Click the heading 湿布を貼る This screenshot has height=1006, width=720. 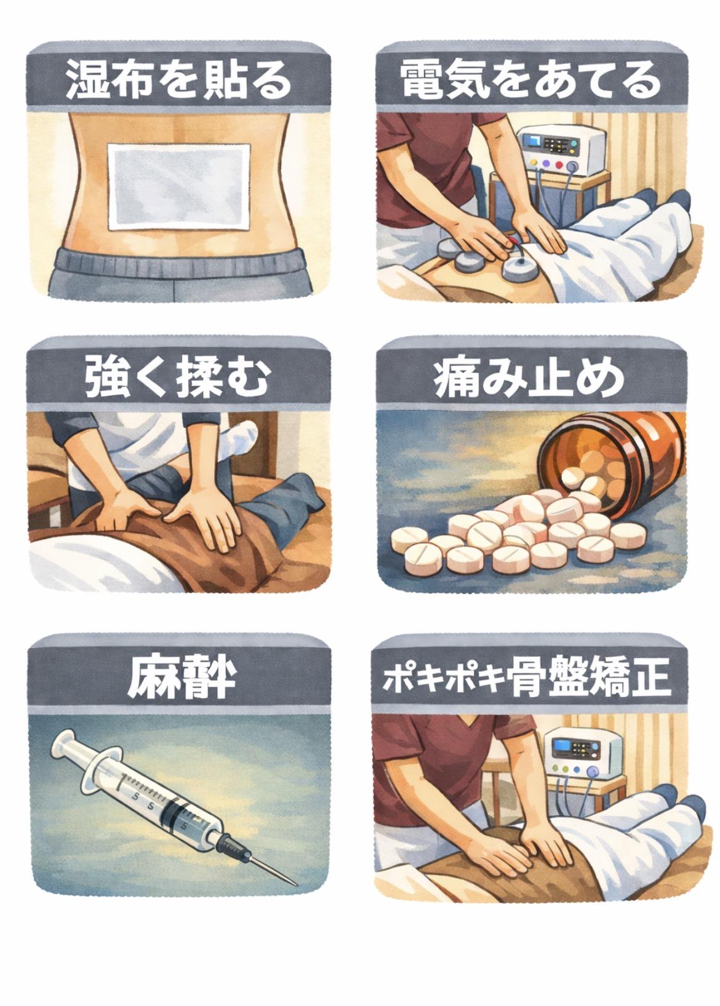pos(179,81)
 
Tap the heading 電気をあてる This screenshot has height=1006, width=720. pos(531,81)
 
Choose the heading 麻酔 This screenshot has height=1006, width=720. pos(182,675)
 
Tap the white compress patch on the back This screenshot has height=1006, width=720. pos(179,187)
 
